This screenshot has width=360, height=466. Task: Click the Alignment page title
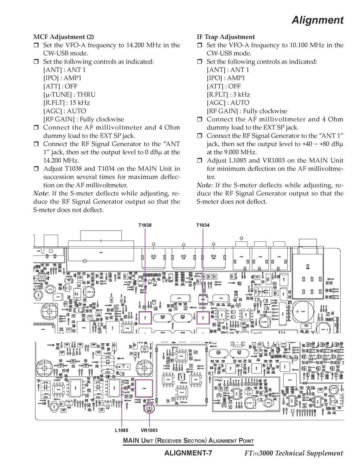(x=317, y=20)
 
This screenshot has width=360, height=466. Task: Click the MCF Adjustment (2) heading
(x=63, y=37)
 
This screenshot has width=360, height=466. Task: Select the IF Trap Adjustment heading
(x=226, y=37)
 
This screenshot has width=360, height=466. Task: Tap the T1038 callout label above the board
(x=145, y=225)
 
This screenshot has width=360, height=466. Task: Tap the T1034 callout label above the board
(x=203, y=225)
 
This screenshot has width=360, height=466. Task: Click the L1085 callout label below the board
(x=122, y=430)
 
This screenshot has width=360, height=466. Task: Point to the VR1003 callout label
(x=149, y=430)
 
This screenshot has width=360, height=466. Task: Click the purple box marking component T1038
(x=145, y=317)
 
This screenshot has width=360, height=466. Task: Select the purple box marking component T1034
(x=203, y=317)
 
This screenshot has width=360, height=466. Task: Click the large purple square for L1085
(x=144, y=388)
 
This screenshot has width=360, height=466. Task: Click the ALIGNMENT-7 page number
(x=188, y=453)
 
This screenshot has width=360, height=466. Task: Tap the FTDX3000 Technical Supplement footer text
(x=293, y=453)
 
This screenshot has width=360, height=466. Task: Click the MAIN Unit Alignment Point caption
(x=188, y=441)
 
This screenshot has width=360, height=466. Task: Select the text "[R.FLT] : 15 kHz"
(x=66, y=103)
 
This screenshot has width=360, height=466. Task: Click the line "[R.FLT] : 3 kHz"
(x=228, y=95)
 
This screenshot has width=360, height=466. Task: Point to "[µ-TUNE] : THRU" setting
(x=69, y=95)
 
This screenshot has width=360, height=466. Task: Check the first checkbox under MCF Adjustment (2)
(x=36, y=45)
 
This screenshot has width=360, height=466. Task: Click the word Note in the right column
(x=204, y=185)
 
